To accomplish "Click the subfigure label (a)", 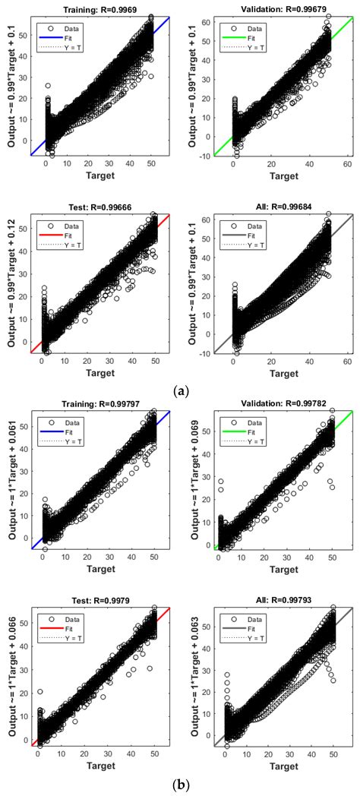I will point(181,368).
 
